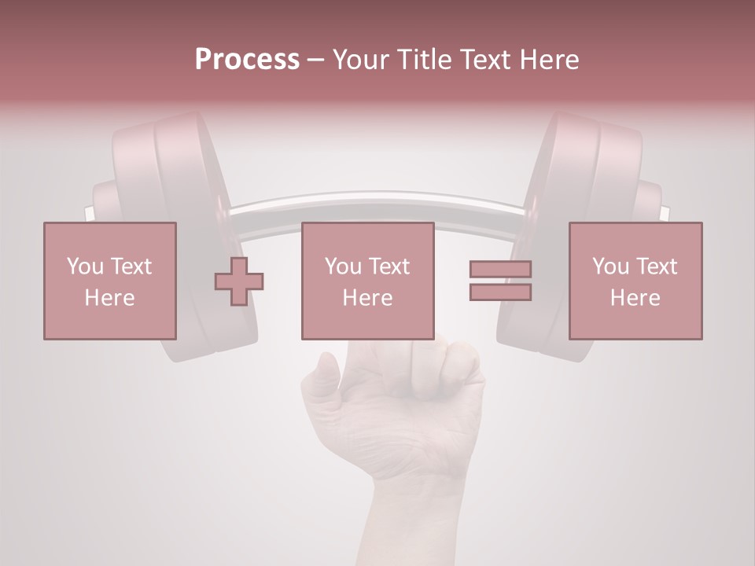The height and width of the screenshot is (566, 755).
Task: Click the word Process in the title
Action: (x=247, y=60)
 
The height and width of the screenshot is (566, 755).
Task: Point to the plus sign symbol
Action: (x=239, y=281)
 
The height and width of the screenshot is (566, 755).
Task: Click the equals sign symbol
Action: (x=500, y=281)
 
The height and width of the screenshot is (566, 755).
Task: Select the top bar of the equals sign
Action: (x=500, y=270)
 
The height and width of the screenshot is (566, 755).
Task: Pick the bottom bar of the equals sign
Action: (x=500, y=292)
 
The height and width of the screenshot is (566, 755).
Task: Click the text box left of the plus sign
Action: (x=110, y=281)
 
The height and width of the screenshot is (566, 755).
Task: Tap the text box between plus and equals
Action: (x=367, y=281)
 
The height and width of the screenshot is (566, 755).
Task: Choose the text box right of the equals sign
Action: (x=635, y=281)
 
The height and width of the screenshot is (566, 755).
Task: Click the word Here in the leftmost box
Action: (x=110, y=298)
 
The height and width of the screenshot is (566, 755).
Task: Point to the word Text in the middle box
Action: (x=389, y=266)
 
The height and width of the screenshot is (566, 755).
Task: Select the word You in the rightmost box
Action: (x=610, y=266)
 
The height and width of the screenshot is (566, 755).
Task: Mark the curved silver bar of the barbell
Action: (x=377, y=206)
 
